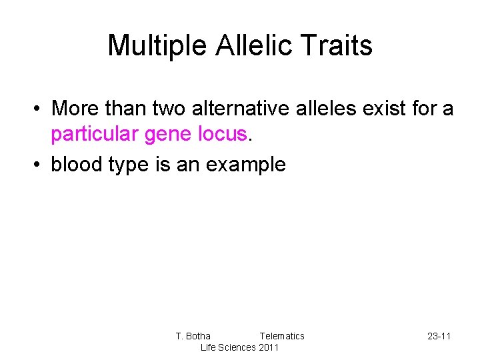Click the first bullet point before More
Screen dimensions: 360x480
pyautogui.click(x=40, y=108)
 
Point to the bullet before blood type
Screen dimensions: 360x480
pyautogui.click(x=40, y=165)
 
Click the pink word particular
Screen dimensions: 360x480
pyautogui.click(x=94, y=135)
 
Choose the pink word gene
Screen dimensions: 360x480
pyautogui.click(x=169, y=135)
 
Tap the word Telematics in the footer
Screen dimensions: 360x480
pyautogui.click(x=281, y=336)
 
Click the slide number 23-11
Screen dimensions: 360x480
pyautogui.click(x=439, y=336)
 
